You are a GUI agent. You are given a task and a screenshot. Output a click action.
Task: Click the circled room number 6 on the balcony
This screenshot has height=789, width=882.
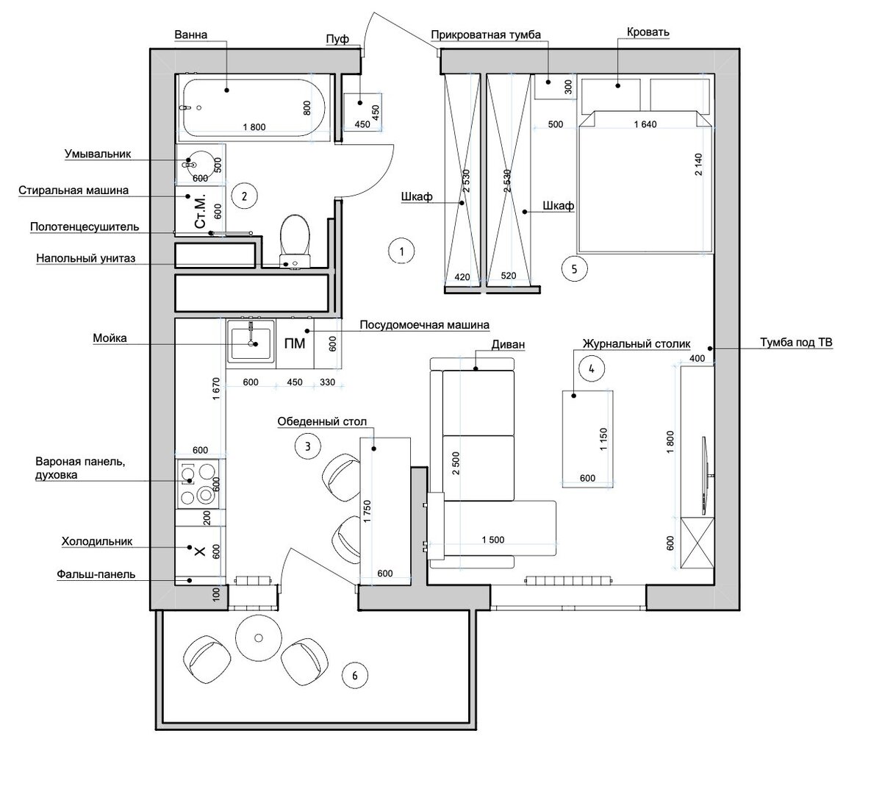coord(355,676)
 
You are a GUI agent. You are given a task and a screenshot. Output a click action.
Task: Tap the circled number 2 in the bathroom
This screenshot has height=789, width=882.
coord(244,196)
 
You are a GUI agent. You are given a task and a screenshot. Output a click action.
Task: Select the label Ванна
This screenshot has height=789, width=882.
coord(190,35)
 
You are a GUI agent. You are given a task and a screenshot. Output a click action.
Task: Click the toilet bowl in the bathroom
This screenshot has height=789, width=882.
coord(295,240)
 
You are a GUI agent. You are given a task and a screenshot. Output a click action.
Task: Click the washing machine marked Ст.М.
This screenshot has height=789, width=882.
coord(201,211)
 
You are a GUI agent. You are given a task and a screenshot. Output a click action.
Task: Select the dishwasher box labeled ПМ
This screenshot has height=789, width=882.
coord(295,343)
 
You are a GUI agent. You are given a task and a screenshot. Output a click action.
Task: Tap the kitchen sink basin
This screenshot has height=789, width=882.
coord(251,343)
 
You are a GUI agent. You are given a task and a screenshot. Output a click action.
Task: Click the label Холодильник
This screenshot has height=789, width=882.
coord(96,541)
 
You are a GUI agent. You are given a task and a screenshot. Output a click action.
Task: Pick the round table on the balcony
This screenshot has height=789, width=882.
coord(259,638)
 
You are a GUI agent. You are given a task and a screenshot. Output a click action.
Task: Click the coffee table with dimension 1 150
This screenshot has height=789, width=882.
coord(587,439)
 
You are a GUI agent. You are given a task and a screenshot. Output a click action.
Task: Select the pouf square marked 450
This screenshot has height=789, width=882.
coord(362,112)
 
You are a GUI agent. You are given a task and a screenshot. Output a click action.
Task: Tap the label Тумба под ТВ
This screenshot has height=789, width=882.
coord(796,343)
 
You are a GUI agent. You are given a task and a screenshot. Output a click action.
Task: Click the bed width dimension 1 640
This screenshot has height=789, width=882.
coord(645,124)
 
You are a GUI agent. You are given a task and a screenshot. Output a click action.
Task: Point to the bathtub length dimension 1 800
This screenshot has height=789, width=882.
coord(254,127)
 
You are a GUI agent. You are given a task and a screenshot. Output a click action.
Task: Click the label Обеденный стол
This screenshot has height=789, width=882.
coord(322,422)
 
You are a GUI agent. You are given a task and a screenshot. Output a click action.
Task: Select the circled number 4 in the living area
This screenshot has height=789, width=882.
coord(591,368)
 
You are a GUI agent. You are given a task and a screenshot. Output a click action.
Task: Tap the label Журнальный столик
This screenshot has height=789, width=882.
coord(637,343)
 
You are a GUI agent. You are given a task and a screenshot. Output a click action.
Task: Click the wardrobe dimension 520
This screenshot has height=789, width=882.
coord(509,275)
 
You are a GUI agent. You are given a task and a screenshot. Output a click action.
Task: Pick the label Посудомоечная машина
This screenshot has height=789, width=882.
coord(424,325)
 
